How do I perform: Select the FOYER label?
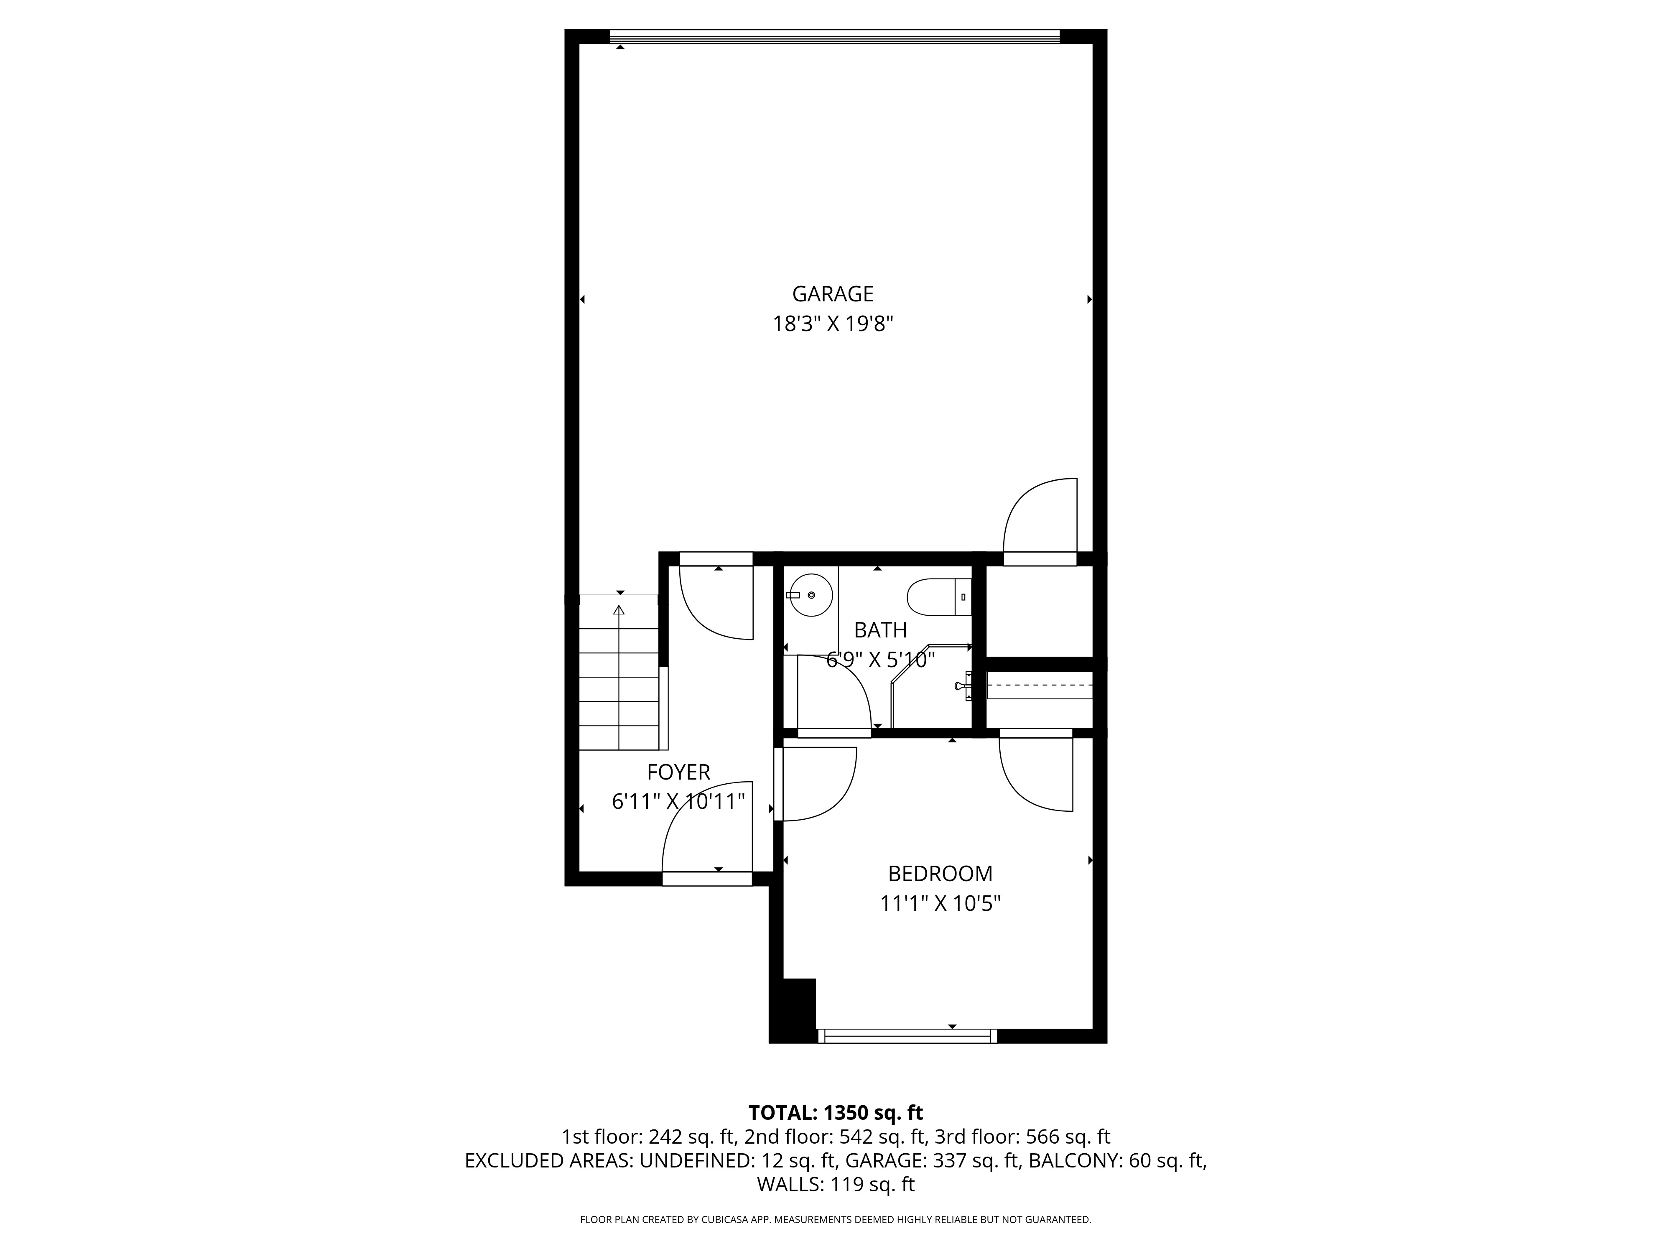678,772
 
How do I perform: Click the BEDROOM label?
940,873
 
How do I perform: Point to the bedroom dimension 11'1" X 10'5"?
940,903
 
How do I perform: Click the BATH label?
880,630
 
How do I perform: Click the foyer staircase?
619,676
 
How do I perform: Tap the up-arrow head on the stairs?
619,609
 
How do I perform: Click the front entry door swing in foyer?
707,831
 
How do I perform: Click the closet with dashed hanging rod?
1039,686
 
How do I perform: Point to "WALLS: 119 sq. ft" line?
835,1185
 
